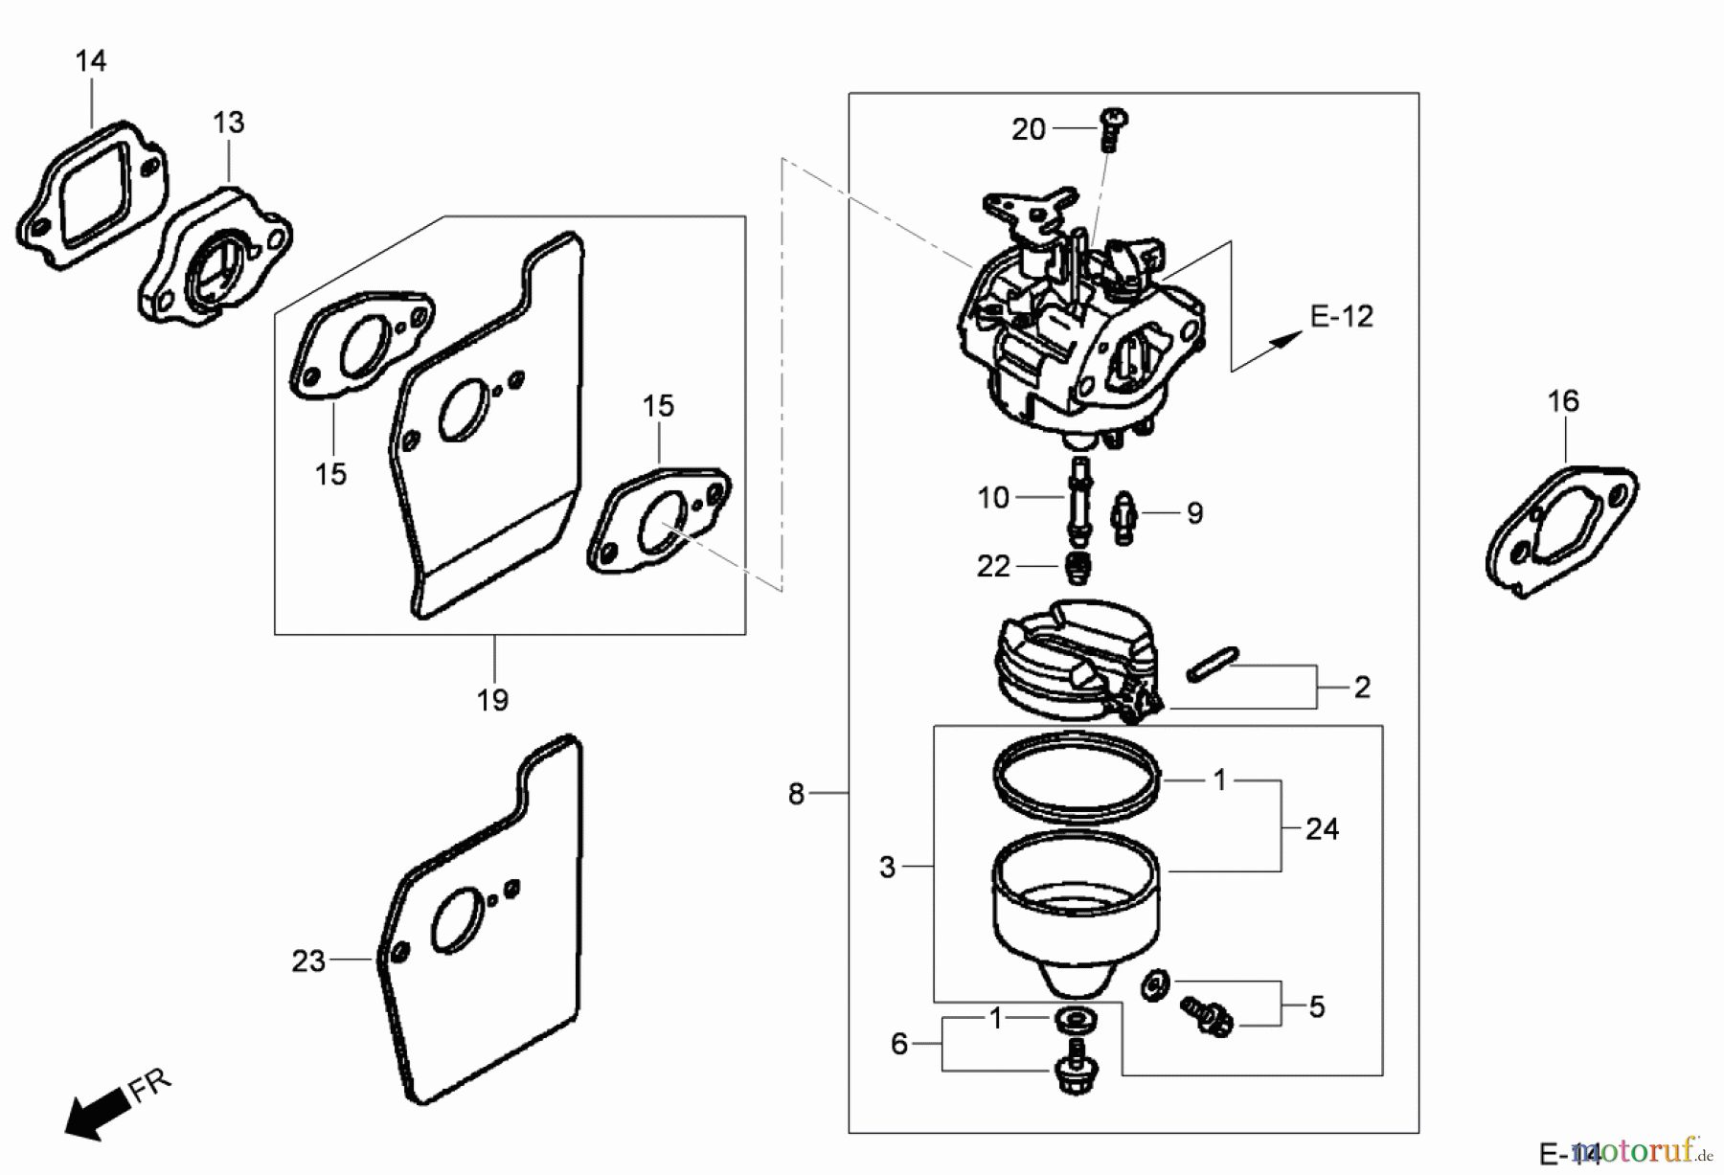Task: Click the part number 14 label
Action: click(91, 61)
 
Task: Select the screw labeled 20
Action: click(1114, 128)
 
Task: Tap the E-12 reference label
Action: click(1341, 316)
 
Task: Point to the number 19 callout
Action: click(492, 700)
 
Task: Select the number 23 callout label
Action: click(308, 960)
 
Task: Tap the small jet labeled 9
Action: click(1124, 518)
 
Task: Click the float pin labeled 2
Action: click(1213, 665)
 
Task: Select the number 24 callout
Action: click(1322, 828)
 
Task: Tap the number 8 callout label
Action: click(796, 794)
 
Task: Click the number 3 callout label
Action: click(887, 868)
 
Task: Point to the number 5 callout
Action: click(1317, 1006)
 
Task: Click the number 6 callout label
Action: click(898, 1044)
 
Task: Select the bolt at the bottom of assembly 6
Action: click(1075, 1071)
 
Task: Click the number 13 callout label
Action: click(229, 123)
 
